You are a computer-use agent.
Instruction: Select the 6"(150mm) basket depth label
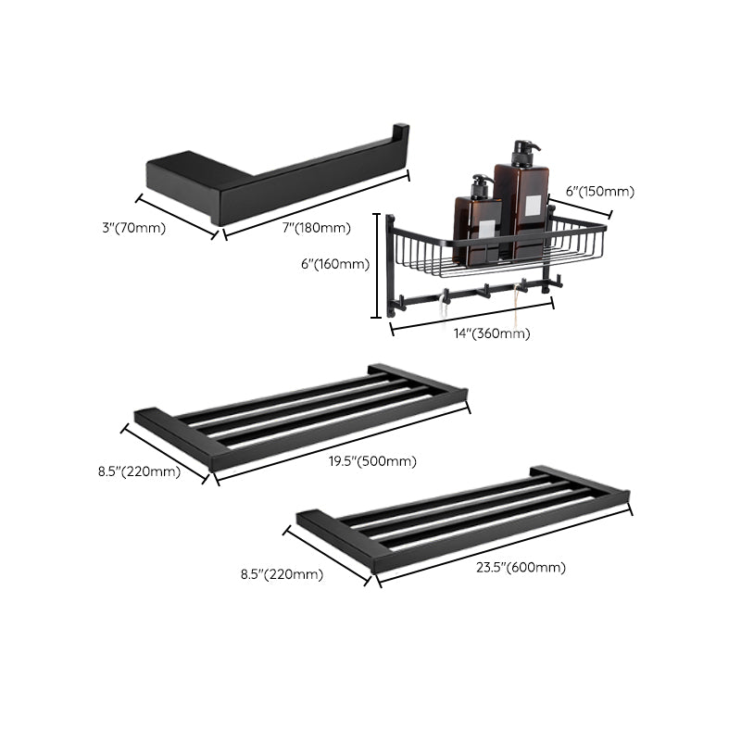coord(599,192)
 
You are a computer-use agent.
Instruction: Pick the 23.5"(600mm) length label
coord(521,568)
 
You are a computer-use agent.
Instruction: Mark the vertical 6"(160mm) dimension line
coord(376,265)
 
